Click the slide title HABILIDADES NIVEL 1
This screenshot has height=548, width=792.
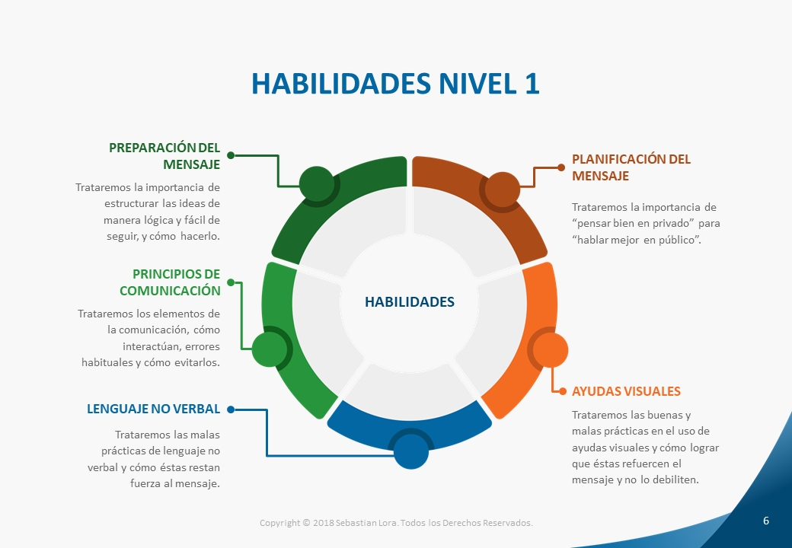[x=395, y=84]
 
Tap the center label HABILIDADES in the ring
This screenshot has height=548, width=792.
[x=410, y=301]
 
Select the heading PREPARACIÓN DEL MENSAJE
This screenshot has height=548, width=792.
[x=164, y=156]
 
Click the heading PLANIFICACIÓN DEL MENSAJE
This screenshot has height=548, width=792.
[x=631, y=167]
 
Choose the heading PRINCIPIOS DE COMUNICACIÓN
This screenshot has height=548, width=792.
[x=171, y=282]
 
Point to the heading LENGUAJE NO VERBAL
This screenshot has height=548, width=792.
[x=154, y=409]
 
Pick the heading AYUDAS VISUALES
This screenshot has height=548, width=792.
[x=626, y=391]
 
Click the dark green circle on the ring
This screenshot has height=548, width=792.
[x=317, y=183]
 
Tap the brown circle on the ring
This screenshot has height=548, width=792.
[x=502, y=190]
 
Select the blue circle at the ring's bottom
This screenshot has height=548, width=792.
[x=410, y=451]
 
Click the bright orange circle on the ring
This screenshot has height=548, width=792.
[x=551, y=350]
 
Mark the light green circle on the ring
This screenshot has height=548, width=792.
[x=270, y=349]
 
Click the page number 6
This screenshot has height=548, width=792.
[x=766, y=521]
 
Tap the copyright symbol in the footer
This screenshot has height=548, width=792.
[x=306, y=523]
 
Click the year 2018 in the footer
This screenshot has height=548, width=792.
[x=323, y=523]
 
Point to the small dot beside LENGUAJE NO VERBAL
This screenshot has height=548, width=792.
[x=231, y=409]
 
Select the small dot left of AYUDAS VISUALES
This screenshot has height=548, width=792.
[x=563, y=391]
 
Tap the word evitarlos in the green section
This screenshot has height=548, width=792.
[x=197, y=362]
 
